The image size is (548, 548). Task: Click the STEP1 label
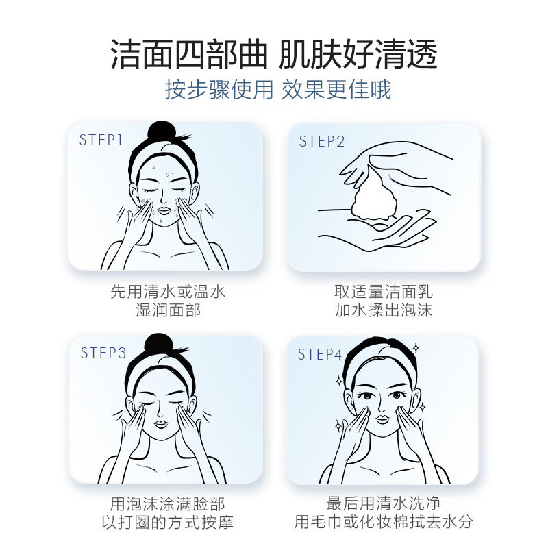click(101, 140)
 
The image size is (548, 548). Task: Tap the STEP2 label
click(322, 141)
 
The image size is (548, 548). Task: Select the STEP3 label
click(103, 353)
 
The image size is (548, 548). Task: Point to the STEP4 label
click(320, 354)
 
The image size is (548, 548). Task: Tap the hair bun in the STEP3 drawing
click(158, 344)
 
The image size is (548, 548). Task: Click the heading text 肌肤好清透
click(358, 55)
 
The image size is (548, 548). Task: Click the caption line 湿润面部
click(168, 310)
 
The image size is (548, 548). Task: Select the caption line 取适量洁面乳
click(384, 292)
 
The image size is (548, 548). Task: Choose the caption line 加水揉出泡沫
click(384, 310)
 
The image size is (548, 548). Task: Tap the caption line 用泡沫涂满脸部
click(168, 504)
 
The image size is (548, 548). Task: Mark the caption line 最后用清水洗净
click(384, 504)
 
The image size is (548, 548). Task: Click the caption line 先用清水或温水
click(168, 292)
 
